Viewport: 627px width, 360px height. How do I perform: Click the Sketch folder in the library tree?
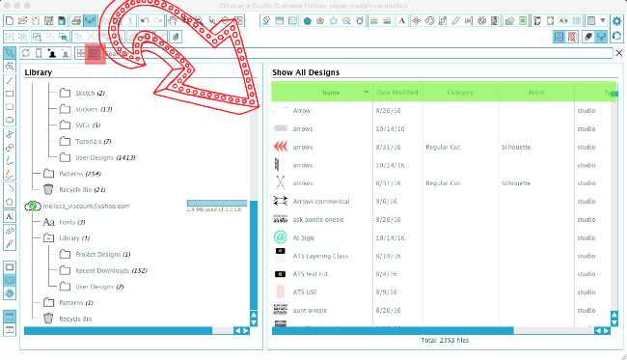pyautogui.click(x=85, y=94)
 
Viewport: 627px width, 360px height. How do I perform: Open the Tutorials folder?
pyautogui.click(x=89, y=141)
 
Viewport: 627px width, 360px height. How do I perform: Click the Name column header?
pyautogui.click(x=331, y=92)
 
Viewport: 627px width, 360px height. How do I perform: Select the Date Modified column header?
pyautogui.click(x=396, y=92)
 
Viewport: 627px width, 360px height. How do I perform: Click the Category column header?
pyautogui.click(x=460, y=92)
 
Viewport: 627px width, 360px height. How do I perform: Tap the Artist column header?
pyautogui.click(x=535, y=92)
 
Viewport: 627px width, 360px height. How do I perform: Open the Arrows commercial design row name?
pyautogui.click(x=321, y=201)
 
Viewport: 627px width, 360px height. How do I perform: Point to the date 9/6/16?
pyautogui.click(x=385, y=201)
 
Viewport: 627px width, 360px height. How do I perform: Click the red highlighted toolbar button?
pyautogui.click(x=94, y=54)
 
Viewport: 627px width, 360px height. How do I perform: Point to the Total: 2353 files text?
pyautogui.click(x=442, y=340)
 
